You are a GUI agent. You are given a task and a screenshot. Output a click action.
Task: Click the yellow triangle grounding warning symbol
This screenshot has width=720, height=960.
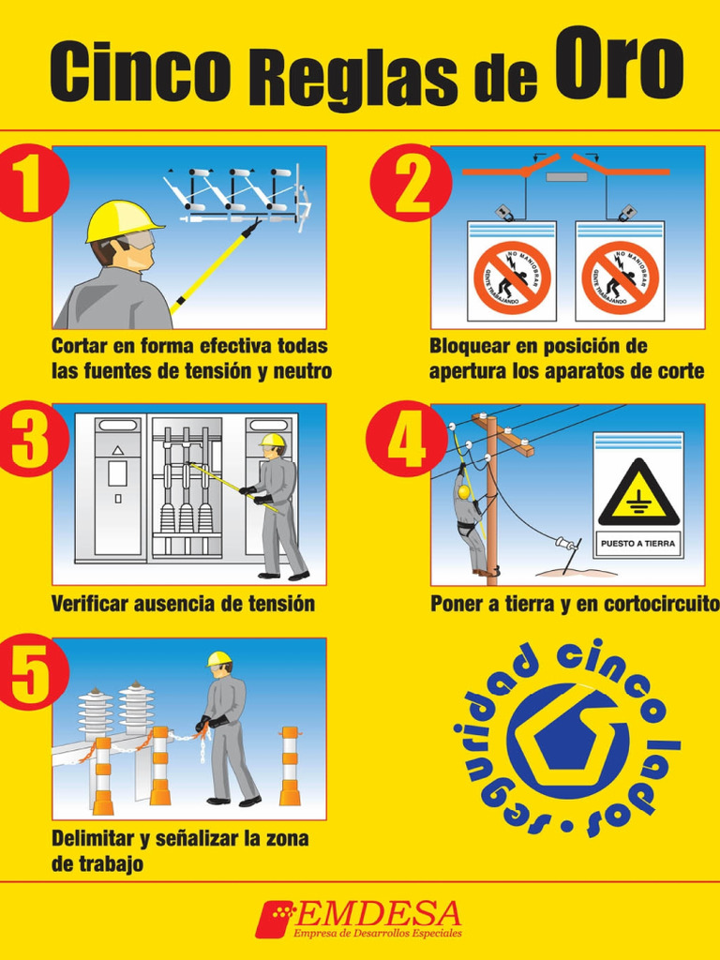tap(638, 494)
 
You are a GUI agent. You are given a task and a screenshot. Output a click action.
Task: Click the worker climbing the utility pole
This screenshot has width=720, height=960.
tap(469, 520)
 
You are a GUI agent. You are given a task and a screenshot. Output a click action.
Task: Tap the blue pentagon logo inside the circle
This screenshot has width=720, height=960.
tap(567, 740)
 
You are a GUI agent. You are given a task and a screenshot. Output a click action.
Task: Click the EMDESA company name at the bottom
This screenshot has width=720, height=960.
tap(379, 913)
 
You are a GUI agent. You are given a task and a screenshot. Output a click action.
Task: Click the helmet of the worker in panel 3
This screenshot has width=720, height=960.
tap(272, 440)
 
